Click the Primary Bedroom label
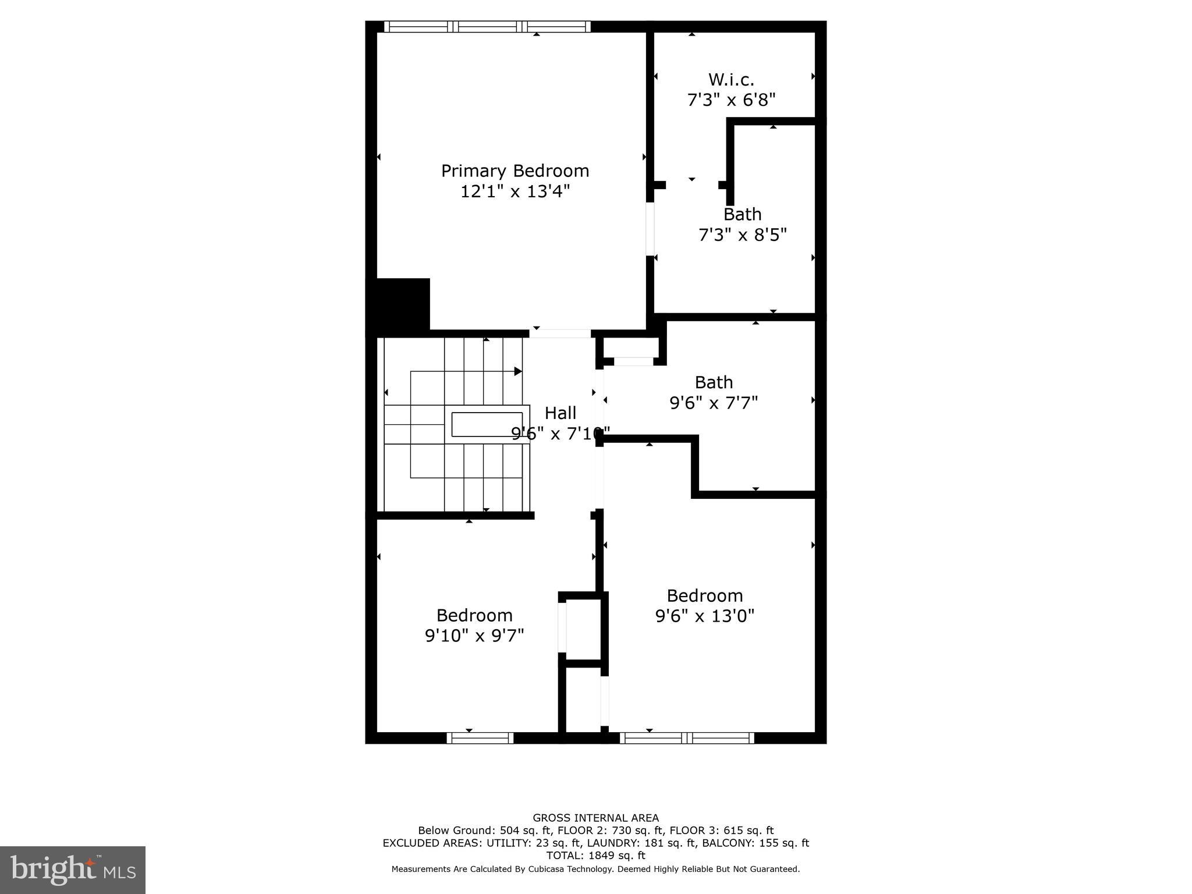(515, 171)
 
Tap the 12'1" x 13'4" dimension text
(515, 191)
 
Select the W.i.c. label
(731, 80)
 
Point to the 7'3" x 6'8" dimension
(731, 100)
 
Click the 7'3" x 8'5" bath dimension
(742, 235)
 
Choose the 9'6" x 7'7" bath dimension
(714, 403)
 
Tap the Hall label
(560, 413)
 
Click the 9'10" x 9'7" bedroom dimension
(474, 636)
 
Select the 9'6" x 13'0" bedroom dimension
(704, 616)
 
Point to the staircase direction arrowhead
(517, 371)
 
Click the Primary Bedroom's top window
(488, 26)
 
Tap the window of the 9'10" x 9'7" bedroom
(480, 738)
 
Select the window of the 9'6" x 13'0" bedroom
(687, 738)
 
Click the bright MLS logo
(73, 870)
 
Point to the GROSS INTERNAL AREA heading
(595, 818)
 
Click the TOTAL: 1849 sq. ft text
(595, 855)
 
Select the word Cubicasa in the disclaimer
(534, 869)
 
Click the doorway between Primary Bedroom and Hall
(560, 334)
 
